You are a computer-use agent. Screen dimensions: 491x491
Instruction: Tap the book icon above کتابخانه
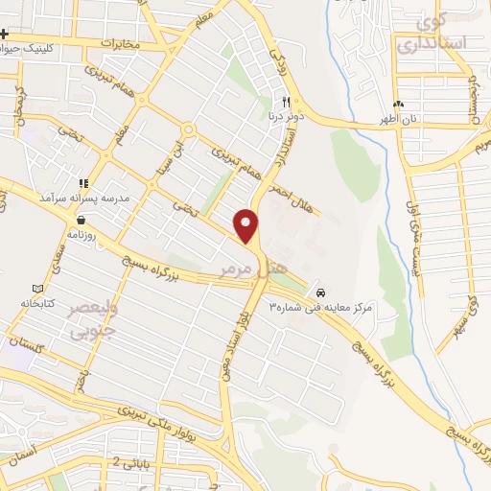tap(37, 289)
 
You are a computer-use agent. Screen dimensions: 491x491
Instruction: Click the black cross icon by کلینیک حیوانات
tap(5, 35)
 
